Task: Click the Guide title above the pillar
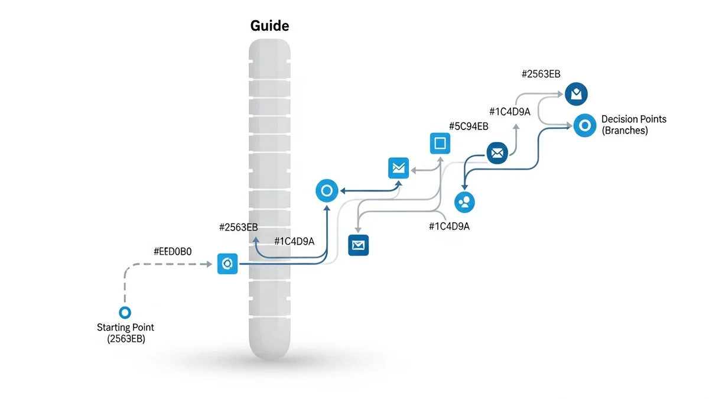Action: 269,26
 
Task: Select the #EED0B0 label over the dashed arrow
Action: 173,251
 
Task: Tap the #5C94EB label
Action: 469,126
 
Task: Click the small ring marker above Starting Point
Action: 125,313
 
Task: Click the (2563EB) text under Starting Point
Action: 125,339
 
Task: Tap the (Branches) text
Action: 625,131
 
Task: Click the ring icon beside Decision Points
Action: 584,125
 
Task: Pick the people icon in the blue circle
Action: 465,202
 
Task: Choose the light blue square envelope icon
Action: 398,168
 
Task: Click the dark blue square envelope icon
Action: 359,244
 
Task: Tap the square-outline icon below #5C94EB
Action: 440,143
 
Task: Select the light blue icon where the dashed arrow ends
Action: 227,263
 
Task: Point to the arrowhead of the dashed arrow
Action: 210,264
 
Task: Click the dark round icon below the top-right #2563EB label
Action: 577,93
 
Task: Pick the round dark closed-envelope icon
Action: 497,153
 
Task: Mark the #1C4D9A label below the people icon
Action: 449,226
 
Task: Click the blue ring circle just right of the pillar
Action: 327,191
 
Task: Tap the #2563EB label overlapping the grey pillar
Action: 239,227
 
